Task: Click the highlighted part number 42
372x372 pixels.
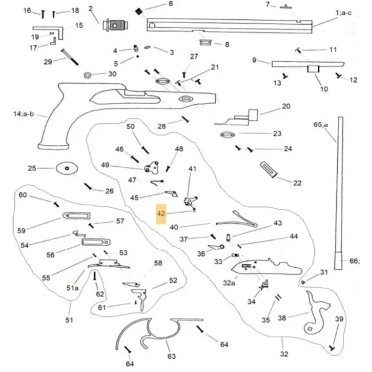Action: coord(161,213)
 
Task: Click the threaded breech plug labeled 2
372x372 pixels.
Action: coord(115,25)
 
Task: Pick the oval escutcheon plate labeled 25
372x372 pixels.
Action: coord(67,168)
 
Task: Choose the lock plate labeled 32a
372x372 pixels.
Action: coord(266,267)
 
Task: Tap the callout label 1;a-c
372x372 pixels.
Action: coord(343,13)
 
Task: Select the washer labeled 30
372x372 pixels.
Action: coord(87,75)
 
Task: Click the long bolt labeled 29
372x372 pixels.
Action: coord(69,57)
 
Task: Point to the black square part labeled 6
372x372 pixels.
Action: coord(138,11)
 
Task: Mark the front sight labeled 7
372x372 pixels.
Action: coord(286,7)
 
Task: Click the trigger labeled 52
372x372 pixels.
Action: coord(141,298)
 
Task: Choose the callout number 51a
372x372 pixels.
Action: coord(73,288)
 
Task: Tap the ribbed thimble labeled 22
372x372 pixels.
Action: coord(269,169)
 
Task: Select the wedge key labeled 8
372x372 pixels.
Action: coord(205,42)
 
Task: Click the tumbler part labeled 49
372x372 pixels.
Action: coord(151,167)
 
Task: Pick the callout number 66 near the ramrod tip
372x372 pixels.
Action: coord(355,261)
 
